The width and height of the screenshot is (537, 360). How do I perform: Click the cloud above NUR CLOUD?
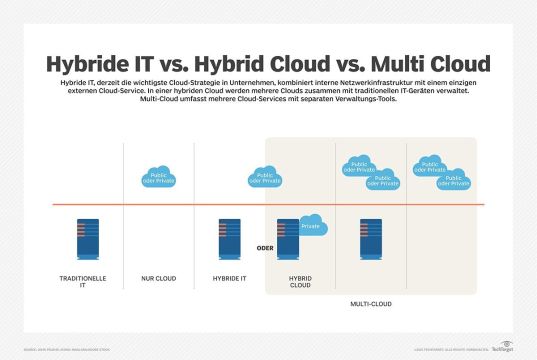click(158, 178)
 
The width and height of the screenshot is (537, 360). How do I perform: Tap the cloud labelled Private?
click(312, 226)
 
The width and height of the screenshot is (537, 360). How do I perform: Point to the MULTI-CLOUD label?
click(371, 301)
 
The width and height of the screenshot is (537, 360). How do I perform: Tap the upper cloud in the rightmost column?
click(431, 166)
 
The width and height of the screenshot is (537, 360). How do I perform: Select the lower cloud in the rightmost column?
click(454, 180)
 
